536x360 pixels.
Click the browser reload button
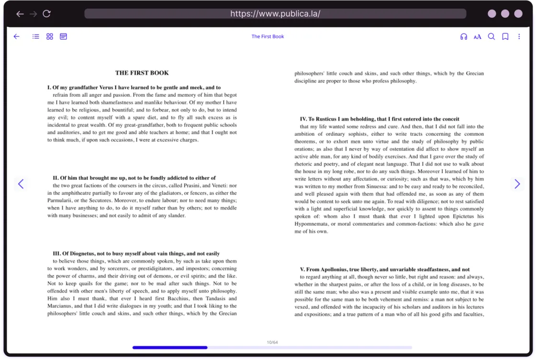tap(46, 14)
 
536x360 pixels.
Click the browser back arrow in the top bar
tap(20, 14)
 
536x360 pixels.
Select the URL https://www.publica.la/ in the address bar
tap(275, 13)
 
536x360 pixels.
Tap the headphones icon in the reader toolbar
tap(463, 36)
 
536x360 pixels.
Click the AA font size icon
tap(477, 37)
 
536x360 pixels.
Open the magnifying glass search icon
tap(491, 36)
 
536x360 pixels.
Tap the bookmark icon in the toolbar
tap(505, 36)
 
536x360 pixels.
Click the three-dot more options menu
tap(519, 36)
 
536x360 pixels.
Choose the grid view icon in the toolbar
tap(50, 36)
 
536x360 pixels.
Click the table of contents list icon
tap(36, 36)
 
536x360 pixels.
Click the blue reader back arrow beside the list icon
tap(17, 36)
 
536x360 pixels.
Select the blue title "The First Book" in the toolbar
tap(268, 36)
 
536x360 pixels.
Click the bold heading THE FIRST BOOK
tap(142, 73)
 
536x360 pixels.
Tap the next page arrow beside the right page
tap(517, 184)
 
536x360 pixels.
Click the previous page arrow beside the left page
tap(21, 183)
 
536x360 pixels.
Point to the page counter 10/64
tap(272, 342)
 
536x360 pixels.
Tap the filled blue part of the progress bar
tap(170, 348)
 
